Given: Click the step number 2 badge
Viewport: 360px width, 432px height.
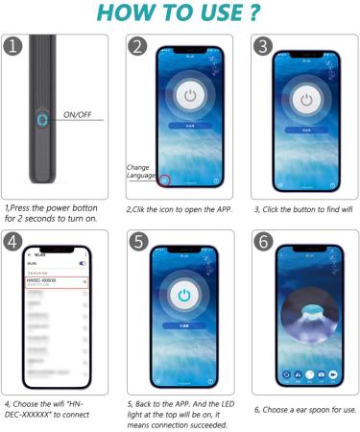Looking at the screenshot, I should pos(137,47).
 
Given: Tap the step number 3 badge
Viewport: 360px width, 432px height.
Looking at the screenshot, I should pos(262,46).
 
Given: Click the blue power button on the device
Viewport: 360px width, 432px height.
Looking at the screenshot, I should pos(41,122).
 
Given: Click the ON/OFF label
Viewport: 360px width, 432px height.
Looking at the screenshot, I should pos(80,115).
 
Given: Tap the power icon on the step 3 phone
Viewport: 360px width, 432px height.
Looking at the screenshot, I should pos(306,99).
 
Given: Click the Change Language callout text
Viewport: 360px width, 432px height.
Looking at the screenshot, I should pos(140,171).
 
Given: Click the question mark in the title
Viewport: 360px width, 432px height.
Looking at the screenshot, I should pos(252,14).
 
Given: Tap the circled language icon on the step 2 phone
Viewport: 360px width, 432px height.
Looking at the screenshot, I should pos(165,181).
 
